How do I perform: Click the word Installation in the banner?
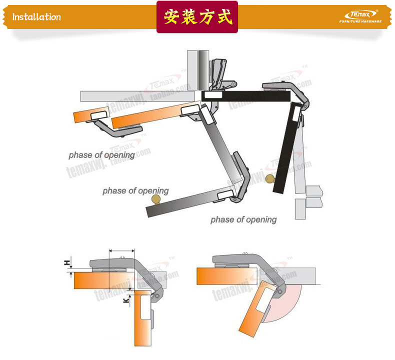click(x=36, y=17)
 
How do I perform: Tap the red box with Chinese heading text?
click(x=197, y=17)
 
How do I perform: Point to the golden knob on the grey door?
click(x=156, y=199)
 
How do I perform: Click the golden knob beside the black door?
click(x=270, y=178)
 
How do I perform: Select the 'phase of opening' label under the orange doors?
click(x=101, y=155)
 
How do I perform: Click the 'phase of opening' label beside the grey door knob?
click(x=135, y=191)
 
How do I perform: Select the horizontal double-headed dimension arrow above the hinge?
click(x=121, y=250)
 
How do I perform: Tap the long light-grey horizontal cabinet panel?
click(x=135, y=95)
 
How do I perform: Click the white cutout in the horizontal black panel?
click(x=212, y=94)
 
